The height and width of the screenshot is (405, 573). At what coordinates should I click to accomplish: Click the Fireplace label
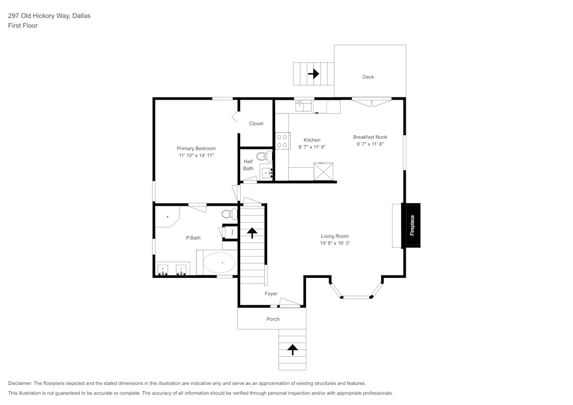coord(412,225)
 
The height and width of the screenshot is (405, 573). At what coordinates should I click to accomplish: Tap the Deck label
coord(368,77)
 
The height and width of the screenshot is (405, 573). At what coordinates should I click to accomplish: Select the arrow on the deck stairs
coord(313,74)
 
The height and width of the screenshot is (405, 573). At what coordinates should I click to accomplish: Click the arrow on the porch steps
coord(292,349)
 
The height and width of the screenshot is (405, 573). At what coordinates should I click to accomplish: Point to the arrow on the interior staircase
coord(252,233)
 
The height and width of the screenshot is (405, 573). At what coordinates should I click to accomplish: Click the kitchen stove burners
coord(282,141)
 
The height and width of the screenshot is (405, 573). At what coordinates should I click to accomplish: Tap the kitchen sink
coord(304,106)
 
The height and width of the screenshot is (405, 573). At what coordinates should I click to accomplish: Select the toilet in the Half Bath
coord(265,156)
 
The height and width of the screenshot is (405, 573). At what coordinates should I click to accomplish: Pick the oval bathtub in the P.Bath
coord(219,262)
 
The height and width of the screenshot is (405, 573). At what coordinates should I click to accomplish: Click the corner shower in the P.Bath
coord(168,217)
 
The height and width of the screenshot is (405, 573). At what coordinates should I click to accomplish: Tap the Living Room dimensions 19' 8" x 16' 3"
coord(335,243)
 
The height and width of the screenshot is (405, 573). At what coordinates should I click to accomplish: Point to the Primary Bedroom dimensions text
coord(196,156)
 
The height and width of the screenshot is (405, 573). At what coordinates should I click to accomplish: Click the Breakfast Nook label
coord(370,137)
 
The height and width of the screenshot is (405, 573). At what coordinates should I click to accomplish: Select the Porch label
coord(273,319)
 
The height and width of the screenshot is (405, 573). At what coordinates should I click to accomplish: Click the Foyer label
coord(271,294)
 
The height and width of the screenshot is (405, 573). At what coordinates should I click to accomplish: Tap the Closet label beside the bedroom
coord(256,123)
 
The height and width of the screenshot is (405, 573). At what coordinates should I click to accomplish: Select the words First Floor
coord(23,26)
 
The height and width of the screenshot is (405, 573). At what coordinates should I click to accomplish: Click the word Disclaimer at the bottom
coord(19,383)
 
